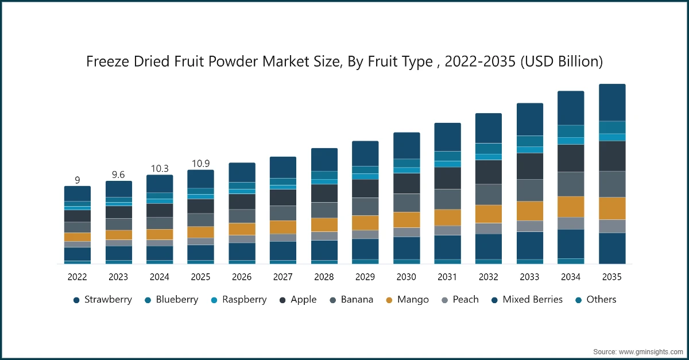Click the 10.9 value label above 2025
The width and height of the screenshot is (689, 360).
coord(200,164)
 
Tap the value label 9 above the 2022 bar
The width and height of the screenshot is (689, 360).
coord(77,180)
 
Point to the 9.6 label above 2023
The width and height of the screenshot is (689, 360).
coord(118,175)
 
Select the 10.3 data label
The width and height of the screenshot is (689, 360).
coord(160,169)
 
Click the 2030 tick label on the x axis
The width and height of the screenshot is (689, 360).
coord(406,277)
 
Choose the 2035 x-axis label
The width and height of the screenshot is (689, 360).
coord(612,277)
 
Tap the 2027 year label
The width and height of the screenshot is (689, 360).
coord(282,277)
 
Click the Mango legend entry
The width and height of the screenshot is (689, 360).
coord(407,299)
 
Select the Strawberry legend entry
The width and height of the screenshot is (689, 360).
coord(103,299)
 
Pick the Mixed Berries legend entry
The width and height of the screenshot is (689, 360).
coord(527,299)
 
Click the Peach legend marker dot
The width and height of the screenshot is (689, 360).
coord(444,300)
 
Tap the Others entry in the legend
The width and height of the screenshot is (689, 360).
coord(596,299)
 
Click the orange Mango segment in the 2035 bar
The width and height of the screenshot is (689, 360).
coord(612,208)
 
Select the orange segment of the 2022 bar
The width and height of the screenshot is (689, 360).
coord(77,237)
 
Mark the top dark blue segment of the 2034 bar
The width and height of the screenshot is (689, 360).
coord(571,108)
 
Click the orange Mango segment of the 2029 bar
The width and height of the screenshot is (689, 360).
coord(365,223)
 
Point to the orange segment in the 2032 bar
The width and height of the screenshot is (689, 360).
coord(489,214)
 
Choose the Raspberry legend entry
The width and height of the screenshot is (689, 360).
coord(239,299)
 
